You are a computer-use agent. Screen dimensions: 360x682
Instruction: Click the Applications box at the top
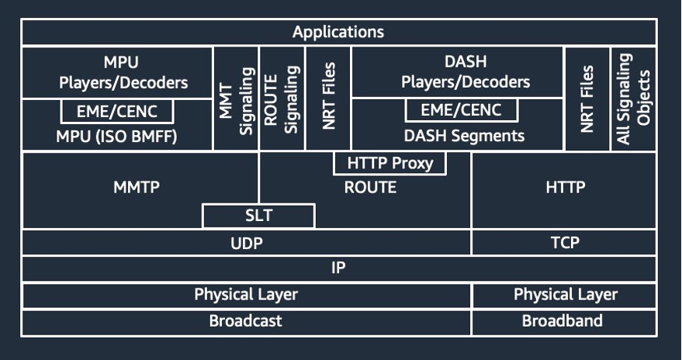pyautogui.click(x=338, y=33)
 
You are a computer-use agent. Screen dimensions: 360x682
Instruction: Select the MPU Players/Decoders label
pyautogui.click(x=117, y=72)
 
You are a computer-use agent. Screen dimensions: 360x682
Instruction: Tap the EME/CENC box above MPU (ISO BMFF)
pyautogui.click(x=117, y=112)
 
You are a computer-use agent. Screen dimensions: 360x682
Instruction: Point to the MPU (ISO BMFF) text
pyautogui.click(x=117, y=137)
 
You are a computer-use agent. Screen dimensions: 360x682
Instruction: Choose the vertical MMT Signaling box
pyautogui.click(x=236, y=99)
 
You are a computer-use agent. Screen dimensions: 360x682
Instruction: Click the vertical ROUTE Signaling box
pyautogui.click(x=282, y=99)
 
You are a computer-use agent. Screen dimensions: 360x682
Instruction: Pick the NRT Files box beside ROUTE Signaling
pyautogui.click(x=329, y=99)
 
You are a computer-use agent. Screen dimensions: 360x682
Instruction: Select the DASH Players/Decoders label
pyautogui.click(x=465, y=72)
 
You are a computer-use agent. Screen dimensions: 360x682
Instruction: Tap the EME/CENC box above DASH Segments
pyautogui.click(x=462, y=110)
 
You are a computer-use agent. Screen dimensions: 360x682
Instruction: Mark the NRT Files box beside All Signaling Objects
pyautogui.click(x=587, y=99)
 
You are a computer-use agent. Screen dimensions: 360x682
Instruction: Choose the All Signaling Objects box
pyautogui.click(x=633, y=99)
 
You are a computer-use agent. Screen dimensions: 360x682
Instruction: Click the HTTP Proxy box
pyautogui.click(x=389, y=164)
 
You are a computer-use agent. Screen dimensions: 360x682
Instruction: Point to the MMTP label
pyautogui.click(x=137, y=187)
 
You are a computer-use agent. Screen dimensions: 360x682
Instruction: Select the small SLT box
pyautogui.click(x=258, y=216)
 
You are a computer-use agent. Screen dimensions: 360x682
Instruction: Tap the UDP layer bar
pyautogui.click(x=246, y=243)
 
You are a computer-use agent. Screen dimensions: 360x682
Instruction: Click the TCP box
pyautogui.click(x=564, y=243)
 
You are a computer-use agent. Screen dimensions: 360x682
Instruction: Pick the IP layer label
pyautogui.click(x=338, y=268)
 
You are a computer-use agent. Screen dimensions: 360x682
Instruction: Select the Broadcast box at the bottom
pyautogui.click(x=246, y=321)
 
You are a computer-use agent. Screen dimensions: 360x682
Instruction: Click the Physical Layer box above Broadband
pyautogui.click(x=565, y=295)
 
